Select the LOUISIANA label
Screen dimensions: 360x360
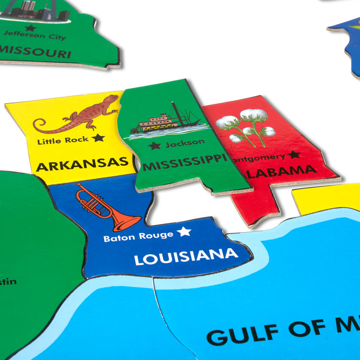coord(186,256)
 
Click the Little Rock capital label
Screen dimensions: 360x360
coord(63,140)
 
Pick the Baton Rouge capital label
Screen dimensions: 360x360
coord(138,236)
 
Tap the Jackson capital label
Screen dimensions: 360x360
coord(185,143)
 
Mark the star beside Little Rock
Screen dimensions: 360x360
coord(98,138)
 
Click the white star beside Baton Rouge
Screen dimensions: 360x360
coord(184,232)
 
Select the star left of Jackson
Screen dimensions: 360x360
coord(154,145)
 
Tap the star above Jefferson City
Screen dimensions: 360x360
coord(30,28)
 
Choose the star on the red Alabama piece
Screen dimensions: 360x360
coord(294,155)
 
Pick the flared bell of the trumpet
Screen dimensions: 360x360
coord(127,221)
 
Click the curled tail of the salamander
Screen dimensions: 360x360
coord(40,126)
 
